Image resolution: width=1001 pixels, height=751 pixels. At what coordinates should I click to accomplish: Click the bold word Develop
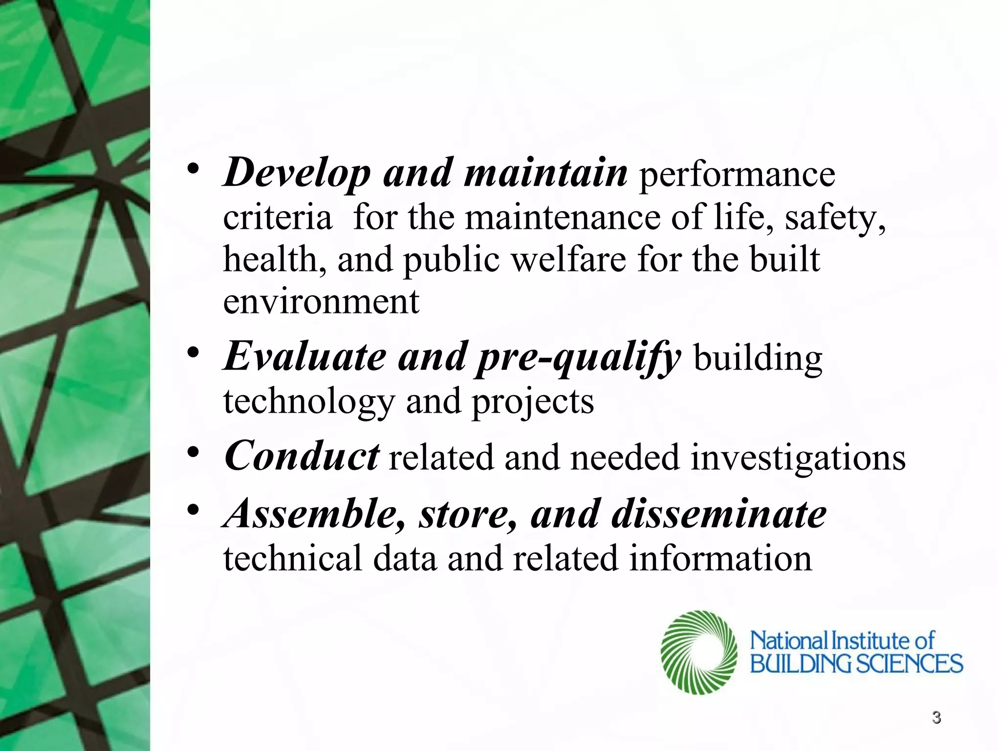tap(297, 174)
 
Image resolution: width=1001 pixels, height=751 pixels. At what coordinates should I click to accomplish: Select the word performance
tap(737, 175)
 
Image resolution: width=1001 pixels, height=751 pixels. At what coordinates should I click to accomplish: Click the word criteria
tap(277, 218)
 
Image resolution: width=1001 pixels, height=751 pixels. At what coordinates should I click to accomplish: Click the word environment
tap(321, 302)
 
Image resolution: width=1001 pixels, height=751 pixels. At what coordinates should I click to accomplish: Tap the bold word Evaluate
tap(305, 357)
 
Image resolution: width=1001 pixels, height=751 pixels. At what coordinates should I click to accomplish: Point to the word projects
tap(532, 402)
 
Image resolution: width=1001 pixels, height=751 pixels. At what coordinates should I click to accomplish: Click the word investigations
tap(798, 458)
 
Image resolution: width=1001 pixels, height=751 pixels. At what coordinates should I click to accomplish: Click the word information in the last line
tap(720, 558)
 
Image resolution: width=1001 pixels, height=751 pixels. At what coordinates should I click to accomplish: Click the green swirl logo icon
tap(698, 652)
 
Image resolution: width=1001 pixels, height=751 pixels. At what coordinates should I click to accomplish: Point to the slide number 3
tap(936, 717)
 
